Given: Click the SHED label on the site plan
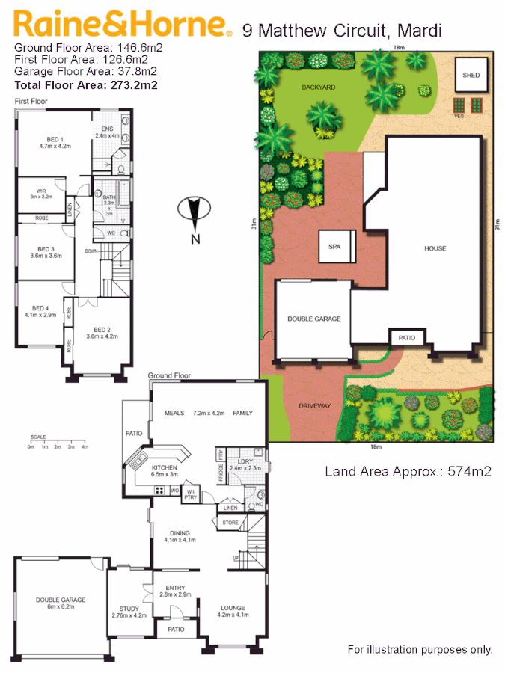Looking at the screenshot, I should (471, 76).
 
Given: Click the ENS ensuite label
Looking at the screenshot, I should (107, 129).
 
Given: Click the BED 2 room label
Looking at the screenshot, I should (102, 332).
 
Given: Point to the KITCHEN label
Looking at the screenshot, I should (163, 467).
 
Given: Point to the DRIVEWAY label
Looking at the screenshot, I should (314, 406).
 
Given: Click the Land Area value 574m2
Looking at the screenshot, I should (468, 472).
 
